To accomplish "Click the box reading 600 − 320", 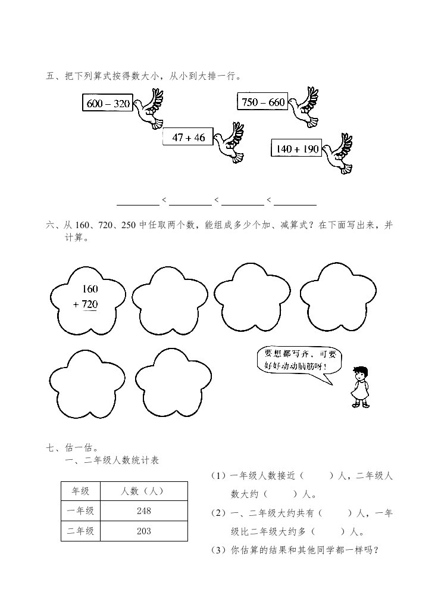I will point(108,104).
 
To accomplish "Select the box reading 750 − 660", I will point(262,102).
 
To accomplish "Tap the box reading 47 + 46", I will point(187,138).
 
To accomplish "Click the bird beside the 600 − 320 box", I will point(149,109).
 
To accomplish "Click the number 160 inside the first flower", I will point(90,289).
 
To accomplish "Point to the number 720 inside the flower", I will point(90,304).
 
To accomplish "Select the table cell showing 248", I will point(143,511).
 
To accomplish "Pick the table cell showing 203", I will point(143,531).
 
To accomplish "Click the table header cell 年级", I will point(80,491).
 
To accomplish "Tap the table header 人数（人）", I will point(143,491).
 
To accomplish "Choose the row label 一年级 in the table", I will point(80,511).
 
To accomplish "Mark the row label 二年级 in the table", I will point(80,531).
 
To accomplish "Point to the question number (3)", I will point(218,551).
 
